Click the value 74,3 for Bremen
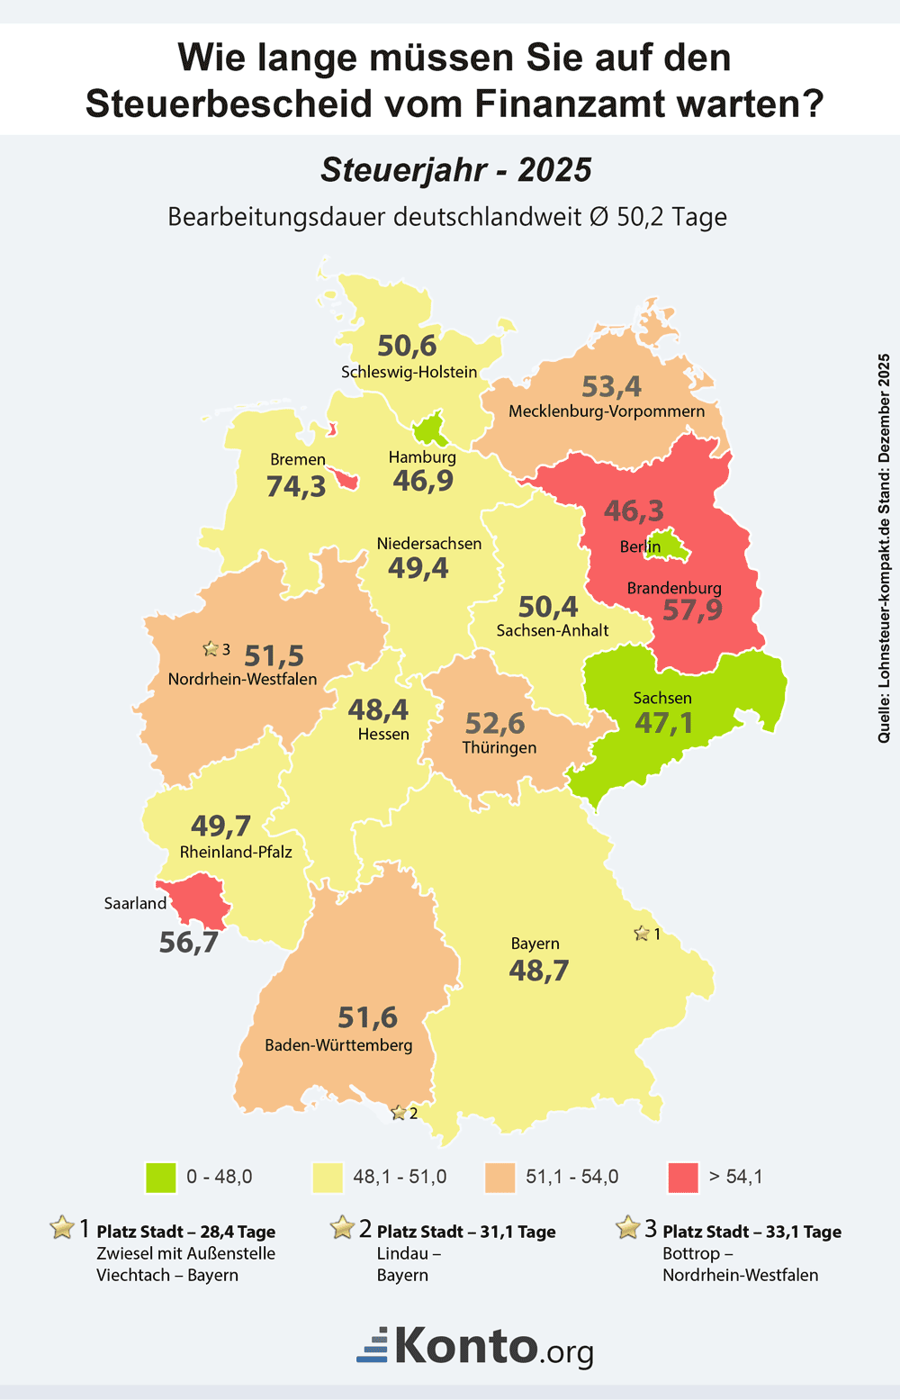tap(296, 486)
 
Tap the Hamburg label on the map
tap(422, 457)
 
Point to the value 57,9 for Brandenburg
tap(692, 610)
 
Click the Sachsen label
tap(662, 698)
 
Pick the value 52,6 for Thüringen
tap(494, 723)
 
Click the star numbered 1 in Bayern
tap(642, 934)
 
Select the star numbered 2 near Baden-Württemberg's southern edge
tap(399, 1114)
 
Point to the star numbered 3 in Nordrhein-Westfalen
tap(211, 649)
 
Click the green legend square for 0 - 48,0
tap(161, 1177)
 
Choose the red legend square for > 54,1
tap(684, 1177)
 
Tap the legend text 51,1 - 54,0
tap(571, 1177)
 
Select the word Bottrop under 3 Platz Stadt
tap(691, 1253)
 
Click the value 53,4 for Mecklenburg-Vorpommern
tap(611, 387)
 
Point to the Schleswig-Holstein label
tap(409, 372)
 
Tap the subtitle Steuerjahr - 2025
tap(456, 170)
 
